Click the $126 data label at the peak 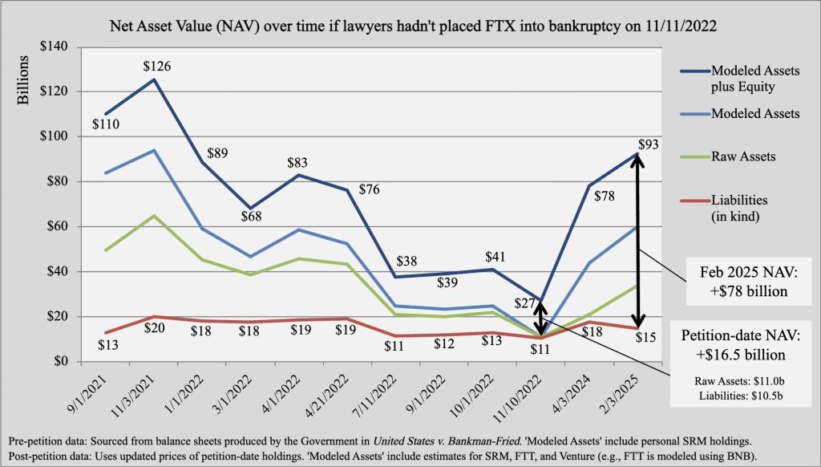(156, 67)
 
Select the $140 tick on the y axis (54, 47)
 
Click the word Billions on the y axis (23, 79)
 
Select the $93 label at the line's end (648, 144)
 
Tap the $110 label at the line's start (106, 124)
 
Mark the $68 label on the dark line (251, 216)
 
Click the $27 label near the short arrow (524, 303)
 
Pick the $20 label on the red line (155, 327)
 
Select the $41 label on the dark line (495, 257)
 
